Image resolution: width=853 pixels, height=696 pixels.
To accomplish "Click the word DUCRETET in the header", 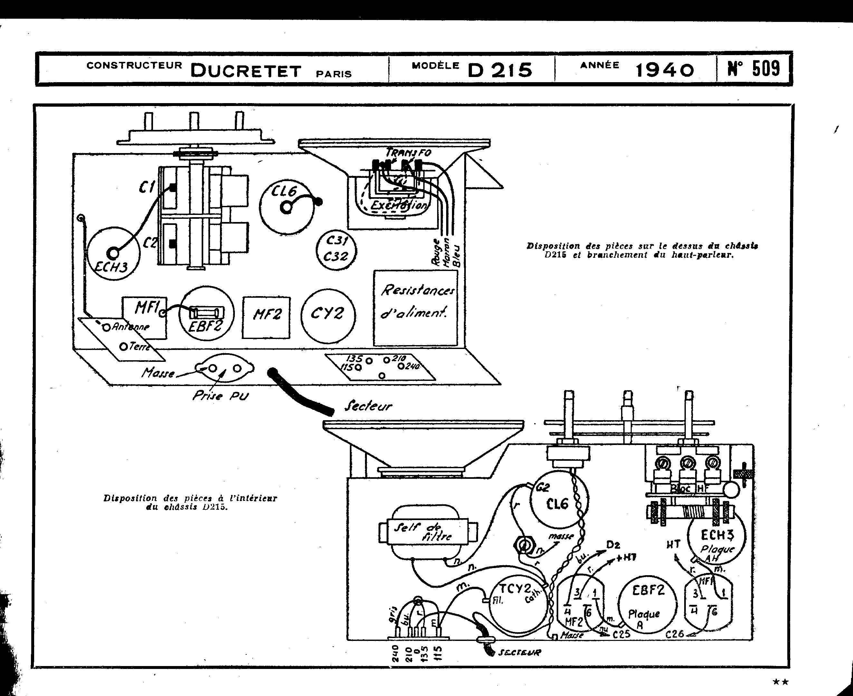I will [x=245, y=71].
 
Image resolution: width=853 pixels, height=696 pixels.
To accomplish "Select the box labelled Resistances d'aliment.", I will [x=415, y=307].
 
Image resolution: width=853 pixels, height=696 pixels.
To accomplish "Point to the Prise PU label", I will [x=220, y=396].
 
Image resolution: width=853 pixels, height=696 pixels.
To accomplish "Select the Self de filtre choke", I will [x=423, y=532].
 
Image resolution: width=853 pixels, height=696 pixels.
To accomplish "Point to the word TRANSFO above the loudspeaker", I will [x=408, y=153].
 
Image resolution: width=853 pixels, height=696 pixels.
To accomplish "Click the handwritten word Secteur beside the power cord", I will [x=368, y=407].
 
